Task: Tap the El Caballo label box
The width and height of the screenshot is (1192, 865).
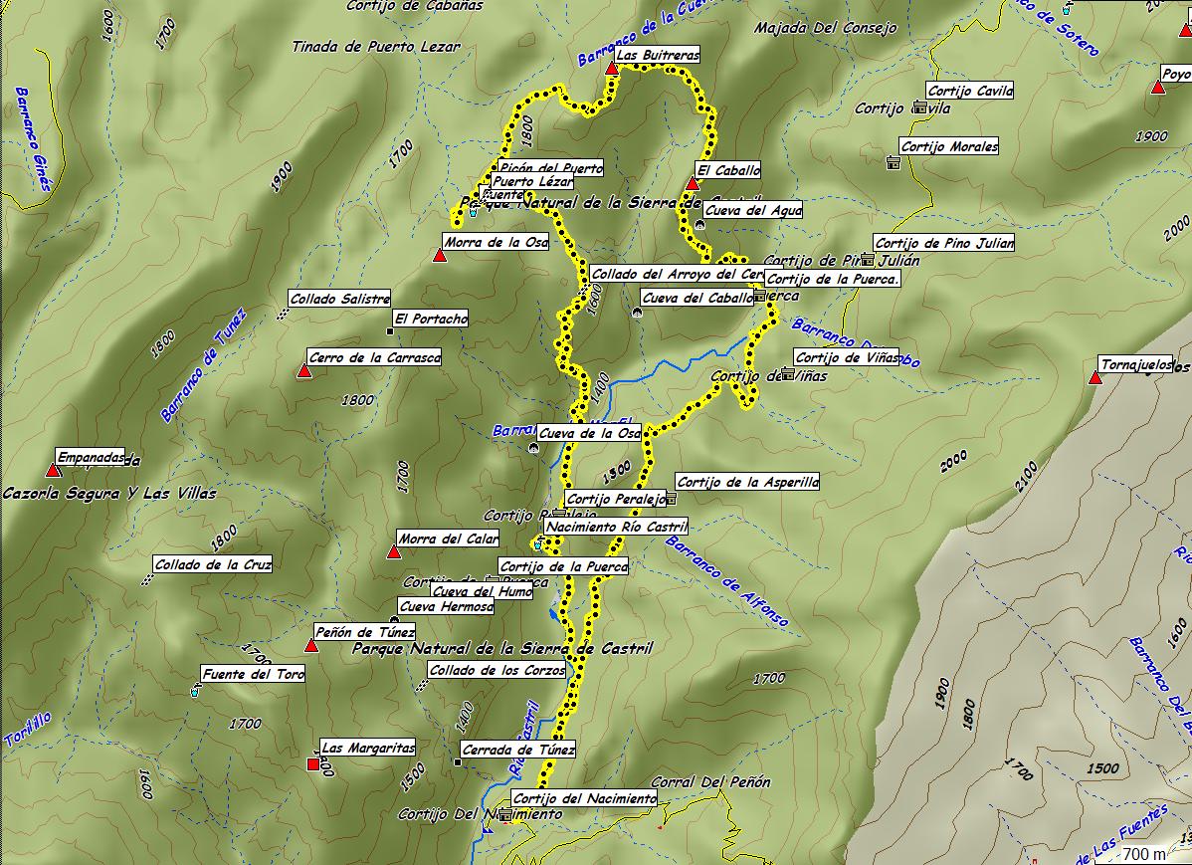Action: click(728, 170)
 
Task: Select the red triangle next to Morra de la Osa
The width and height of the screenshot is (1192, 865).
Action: click(440, 256)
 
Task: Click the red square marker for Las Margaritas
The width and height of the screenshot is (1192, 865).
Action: click(313, 764)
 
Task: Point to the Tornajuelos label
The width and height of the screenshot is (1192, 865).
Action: click(1137, 364)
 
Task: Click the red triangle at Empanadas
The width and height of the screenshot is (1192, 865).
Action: click(53, 470)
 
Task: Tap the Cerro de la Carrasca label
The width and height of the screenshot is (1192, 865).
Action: click(374, 357)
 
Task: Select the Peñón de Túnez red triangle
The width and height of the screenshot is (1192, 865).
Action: click(310, 646)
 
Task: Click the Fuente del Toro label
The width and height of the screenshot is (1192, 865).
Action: click(253, 674)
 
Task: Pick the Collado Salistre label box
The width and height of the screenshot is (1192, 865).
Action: click(339, 299)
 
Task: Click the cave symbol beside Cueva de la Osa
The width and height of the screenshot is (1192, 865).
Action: click(534, 448)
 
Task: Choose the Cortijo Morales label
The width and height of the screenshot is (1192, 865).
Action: click(949, 146)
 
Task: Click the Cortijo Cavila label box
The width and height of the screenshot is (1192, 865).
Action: click(970, 91)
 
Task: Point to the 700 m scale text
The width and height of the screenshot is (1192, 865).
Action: click(1145, 853)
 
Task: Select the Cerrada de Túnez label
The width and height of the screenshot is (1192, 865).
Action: click(518, 750)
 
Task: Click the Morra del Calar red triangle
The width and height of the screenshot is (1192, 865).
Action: click(394, 551)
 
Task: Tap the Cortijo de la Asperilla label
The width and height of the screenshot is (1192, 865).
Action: click(747, 482)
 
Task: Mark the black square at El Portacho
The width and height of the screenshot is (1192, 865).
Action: click(389, 330)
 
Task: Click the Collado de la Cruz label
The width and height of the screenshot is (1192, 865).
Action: click(213, 564)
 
